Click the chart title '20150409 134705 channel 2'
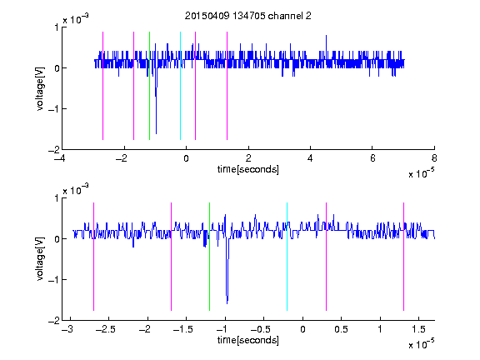248,16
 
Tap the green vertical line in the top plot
149,86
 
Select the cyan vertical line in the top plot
180,86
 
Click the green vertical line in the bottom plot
209,257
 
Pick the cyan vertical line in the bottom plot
287,257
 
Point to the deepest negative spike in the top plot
156,133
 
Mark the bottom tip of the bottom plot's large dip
227,303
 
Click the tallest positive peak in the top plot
326,36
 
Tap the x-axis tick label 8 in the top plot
434,158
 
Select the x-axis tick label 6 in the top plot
372,158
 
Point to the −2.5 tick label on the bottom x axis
104,329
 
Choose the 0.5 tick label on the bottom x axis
341,329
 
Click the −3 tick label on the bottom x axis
67,329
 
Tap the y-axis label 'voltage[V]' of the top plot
40,88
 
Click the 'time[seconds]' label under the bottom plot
248,340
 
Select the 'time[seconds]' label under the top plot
248,169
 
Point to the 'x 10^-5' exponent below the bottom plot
421,344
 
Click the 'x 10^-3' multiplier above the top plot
76,19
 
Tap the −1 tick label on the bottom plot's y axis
53,280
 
